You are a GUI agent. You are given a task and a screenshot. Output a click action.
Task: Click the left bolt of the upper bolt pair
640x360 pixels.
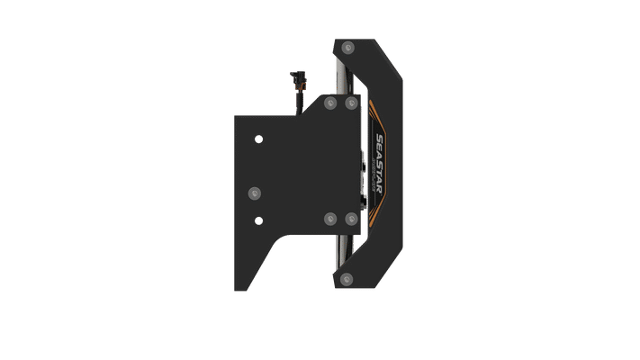point(328,103)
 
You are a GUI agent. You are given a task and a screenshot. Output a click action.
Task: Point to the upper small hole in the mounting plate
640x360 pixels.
point(259,139)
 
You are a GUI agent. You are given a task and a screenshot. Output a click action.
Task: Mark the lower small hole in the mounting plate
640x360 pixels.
point(259,220)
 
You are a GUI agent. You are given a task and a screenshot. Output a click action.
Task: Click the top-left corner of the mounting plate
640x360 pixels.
point(236,114)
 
